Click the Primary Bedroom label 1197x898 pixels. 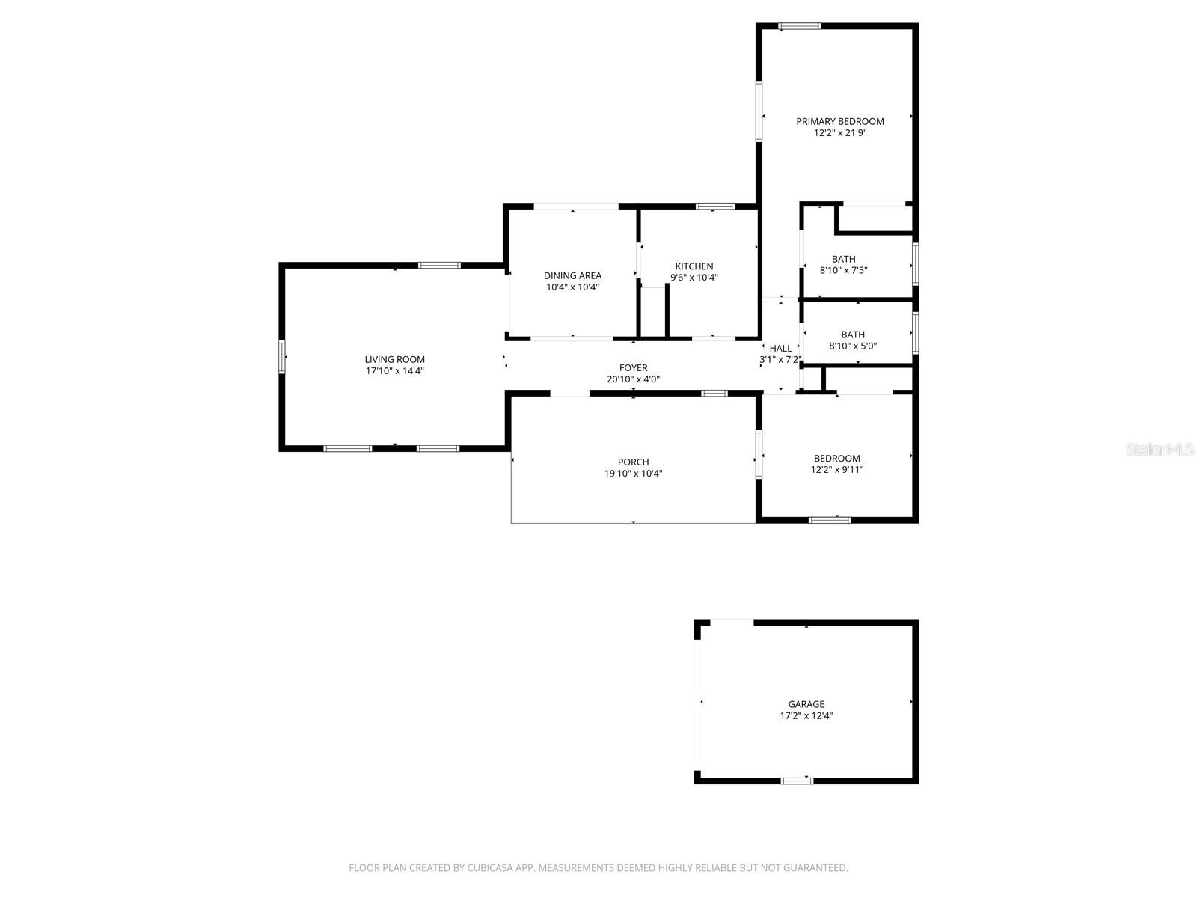(x=839, y=121)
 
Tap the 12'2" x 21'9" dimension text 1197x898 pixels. (x=839, y=133)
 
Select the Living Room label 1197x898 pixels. (x=394, y=359)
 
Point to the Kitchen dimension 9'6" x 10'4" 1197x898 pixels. (x=694, y=278)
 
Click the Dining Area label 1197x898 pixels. (x=572, y=275)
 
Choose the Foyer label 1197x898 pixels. (x=633, y=367)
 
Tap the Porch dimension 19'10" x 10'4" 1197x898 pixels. (x=633, y=474)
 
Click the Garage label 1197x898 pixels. (x=806, y=704)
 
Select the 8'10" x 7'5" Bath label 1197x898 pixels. (x=843, y=260)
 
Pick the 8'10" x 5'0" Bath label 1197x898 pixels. (x=852, y=335)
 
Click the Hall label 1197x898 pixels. (x=780, y=348)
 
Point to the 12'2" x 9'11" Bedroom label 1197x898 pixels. (x=836, y=459)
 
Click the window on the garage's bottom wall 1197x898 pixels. (x=796, y=781)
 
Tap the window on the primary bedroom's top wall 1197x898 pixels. (x=799, y=27)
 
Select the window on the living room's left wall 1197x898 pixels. (x=282, y=357)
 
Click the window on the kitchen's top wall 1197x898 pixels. (x=714, y=206)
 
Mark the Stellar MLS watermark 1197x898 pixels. (x=1160, y=449)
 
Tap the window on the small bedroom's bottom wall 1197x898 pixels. (x=830, y=519)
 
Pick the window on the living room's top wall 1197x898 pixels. (x=438, y=265)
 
